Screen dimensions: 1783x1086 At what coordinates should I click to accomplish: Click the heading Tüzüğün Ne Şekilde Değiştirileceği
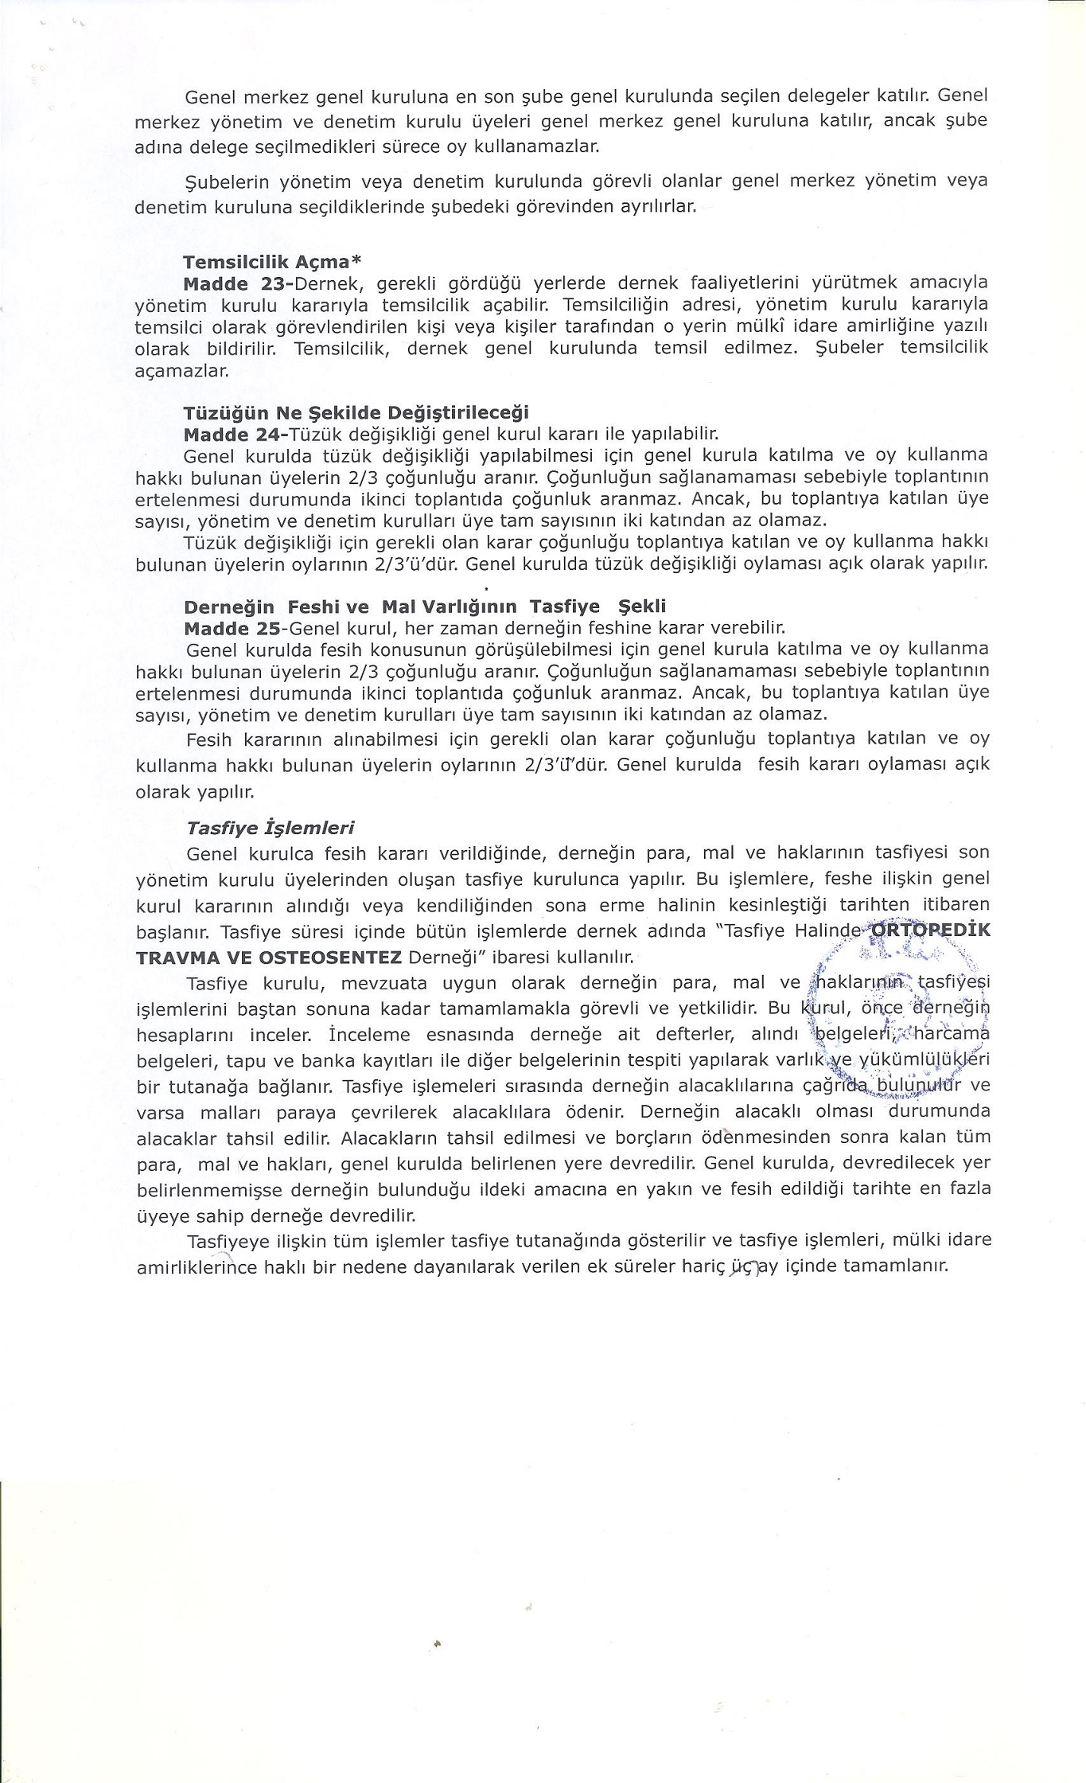356,413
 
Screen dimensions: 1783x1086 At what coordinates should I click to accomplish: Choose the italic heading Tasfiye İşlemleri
270,828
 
